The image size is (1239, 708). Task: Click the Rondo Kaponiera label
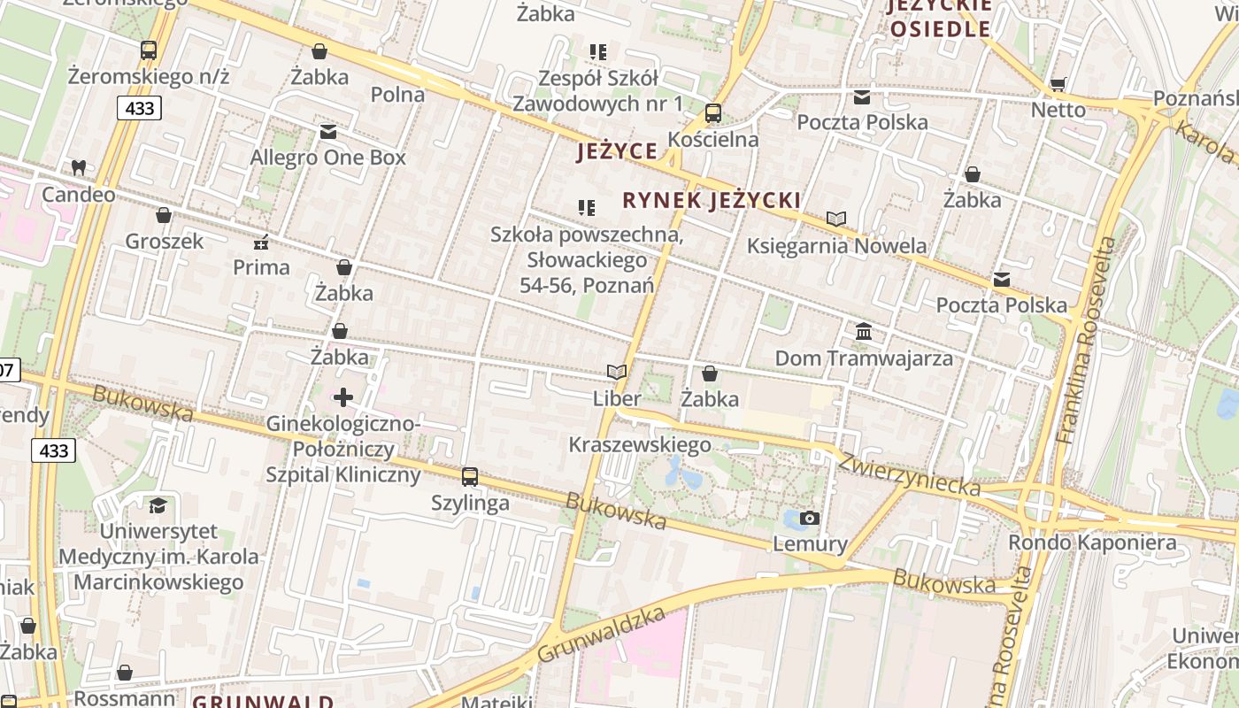[x=1093, y=543]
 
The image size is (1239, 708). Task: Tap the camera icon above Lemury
[x=809, y=518]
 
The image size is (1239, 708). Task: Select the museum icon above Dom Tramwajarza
[x=864, y=332]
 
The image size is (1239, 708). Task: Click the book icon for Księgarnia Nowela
[x=836, y=219]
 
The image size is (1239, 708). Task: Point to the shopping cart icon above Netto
[x=1058, y=84]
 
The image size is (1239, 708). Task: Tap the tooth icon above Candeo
[x=78, y=167]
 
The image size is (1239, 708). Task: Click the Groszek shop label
[x=164, y=241]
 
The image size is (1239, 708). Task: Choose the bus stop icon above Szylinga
[x=469, y=477]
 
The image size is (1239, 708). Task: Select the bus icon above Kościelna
[x=712, y=113]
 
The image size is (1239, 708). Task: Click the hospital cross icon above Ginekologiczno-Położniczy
[x=343, y=397]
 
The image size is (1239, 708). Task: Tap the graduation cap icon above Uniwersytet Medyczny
[x=158, y=505]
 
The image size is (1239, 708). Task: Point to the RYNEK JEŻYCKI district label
[x=712, y=200]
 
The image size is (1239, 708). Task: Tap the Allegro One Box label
[x=327, y=158]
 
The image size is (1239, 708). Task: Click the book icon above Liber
[x=617, y=373]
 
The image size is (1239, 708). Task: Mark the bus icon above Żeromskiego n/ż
[x=149, y=50]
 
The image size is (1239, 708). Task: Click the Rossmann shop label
[x=125, y=698]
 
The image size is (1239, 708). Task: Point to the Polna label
[x=397, y=94]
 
